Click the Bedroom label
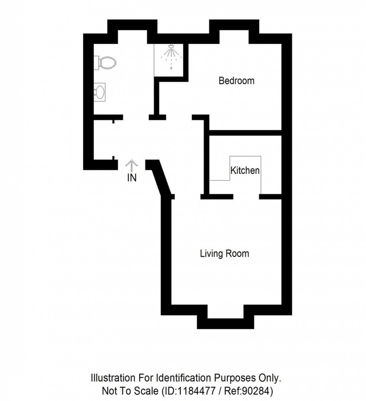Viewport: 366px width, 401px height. click(x=236, y=81)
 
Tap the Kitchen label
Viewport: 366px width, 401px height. click(x=245, y=171)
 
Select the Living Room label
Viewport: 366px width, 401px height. click(x=224, y=254)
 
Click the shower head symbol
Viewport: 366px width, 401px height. click(x=171, y=47)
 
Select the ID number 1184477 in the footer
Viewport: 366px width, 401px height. click(x=196, y=391)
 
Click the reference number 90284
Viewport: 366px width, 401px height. click(x=257, y=391)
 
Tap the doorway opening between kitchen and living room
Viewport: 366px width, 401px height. click(x=246, y=196)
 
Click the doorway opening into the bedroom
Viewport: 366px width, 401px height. click(x=179, y=117)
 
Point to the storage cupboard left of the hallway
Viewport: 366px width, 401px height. click(x=103, y=140)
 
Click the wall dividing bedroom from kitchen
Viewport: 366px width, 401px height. click(x=245, y=133)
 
